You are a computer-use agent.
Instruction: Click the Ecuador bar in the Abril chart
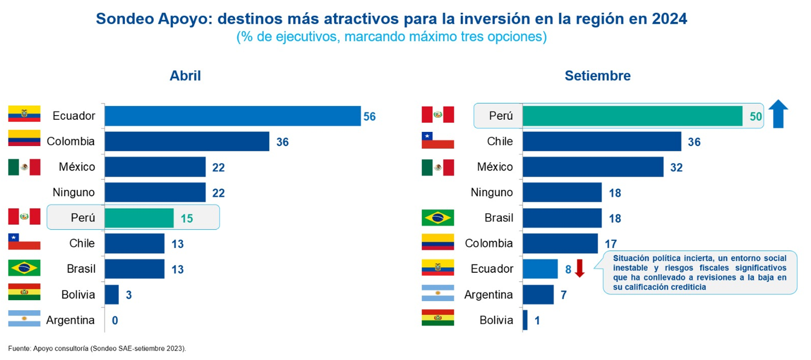point(232,116)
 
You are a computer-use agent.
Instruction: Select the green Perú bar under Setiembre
point(632,116)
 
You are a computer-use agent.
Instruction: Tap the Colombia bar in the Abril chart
point(186,141)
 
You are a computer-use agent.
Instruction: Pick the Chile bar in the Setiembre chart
point(601,141)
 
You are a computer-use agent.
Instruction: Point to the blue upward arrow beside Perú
point(778,115)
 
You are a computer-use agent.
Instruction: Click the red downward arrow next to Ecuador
point(579,268)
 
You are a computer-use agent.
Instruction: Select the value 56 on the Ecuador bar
point(369,117)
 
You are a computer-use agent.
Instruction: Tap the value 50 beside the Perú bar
point(755,117)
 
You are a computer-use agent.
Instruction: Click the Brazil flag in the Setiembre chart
point(438,217)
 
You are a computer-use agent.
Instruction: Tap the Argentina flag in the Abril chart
point(24,319)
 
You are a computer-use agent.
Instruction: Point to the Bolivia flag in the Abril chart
point(24,293)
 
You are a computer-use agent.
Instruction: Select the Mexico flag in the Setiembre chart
point(438,167)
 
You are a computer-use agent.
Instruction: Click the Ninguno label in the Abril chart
point(74,193)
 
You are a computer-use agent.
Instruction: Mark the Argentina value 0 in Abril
point(115,320)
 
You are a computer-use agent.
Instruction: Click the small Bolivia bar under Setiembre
point(525,320)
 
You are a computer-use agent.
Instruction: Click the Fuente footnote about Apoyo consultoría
point(97,348)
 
